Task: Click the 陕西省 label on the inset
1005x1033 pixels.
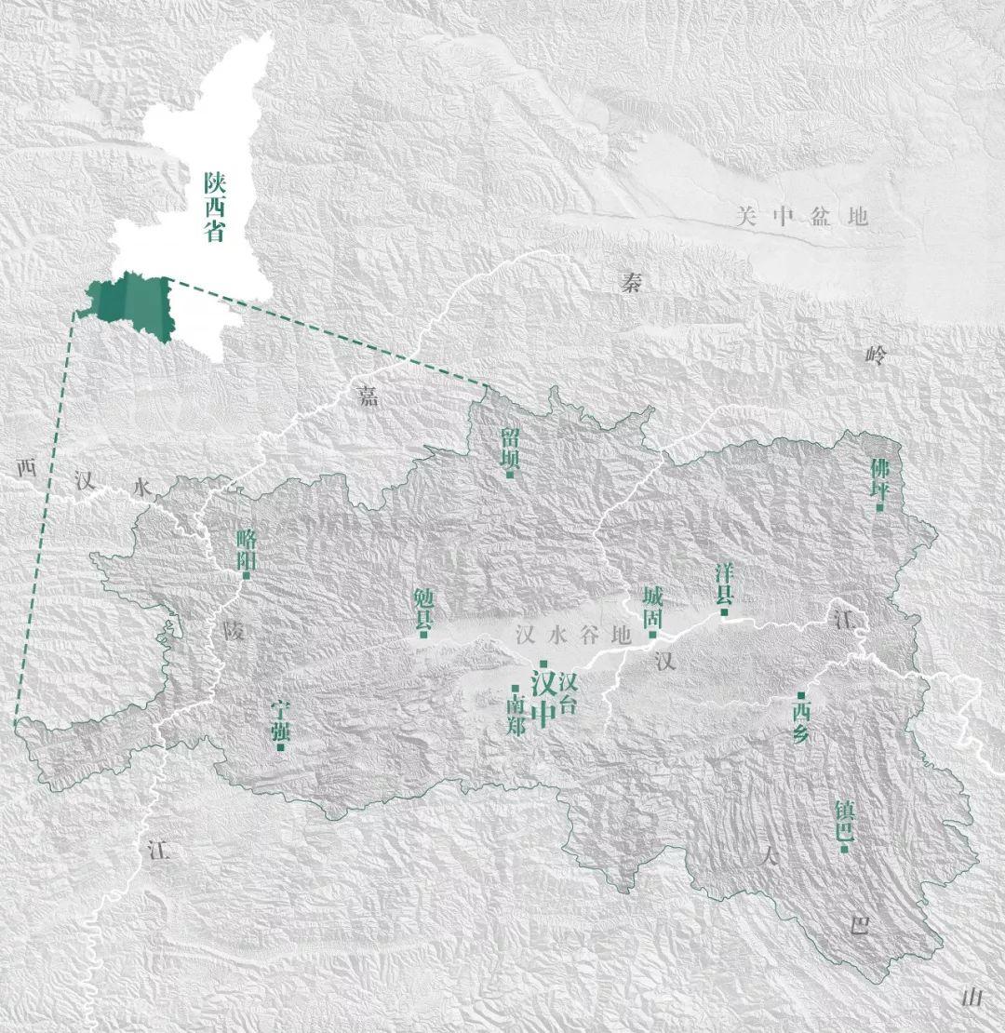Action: [x=215, y=206]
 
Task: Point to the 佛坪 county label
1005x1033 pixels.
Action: [x=879, y=479]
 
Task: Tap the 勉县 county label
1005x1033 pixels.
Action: [x=423, y=607]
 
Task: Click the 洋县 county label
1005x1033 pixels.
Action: [x=724, y=583]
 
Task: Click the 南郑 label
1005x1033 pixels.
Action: [x=516, y=715]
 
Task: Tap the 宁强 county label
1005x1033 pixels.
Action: [x=280, y=719]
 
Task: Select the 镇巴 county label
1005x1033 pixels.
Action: [x=843, y=819]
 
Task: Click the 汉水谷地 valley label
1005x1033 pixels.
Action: [x=571, y=637]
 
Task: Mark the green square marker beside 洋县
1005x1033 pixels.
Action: [x=724, y=611]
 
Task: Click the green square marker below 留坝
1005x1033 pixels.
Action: [x=510, y=475]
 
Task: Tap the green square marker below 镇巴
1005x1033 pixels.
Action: [x=843, y=848]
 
